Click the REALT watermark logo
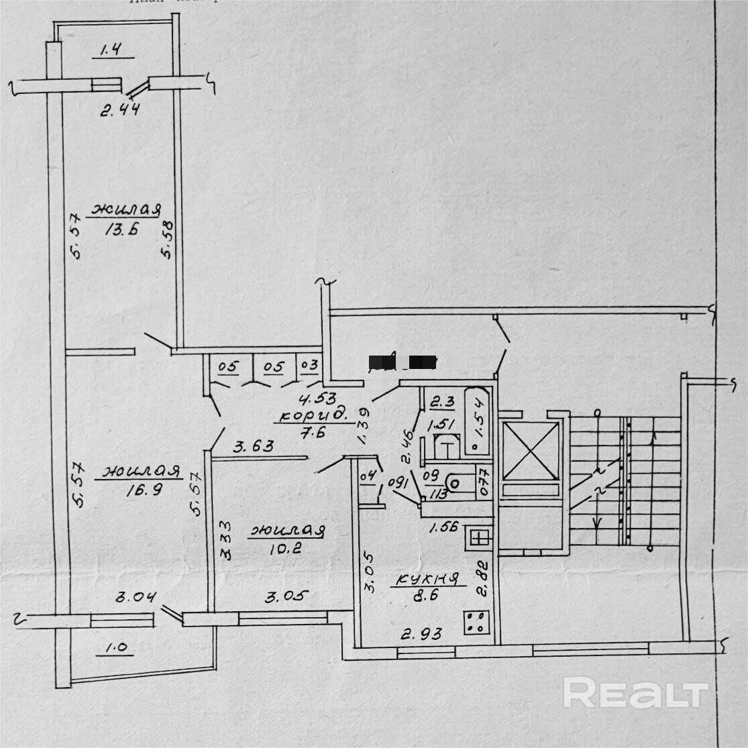click(x=635, y=692)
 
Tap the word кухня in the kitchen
click(x=426, y=580)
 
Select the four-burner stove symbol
click(x=475, y=623)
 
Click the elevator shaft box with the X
click(x=530, y=451)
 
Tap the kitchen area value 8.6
click(x=427, y=594)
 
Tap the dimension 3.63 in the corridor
click(x=252, y=445)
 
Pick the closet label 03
click(x=309, y=366)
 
